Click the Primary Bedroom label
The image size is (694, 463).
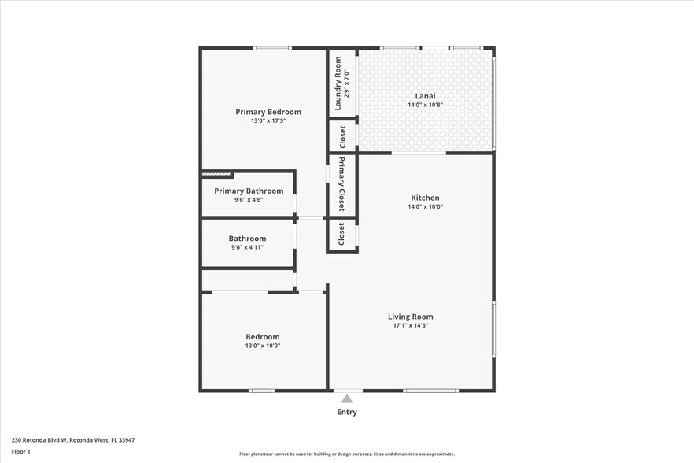point(268,112)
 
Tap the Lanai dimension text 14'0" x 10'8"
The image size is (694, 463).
point(425,105)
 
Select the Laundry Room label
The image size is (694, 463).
point(337,83)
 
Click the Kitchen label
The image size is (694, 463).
point(425,198)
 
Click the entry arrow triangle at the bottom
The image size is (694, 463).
point(347,399)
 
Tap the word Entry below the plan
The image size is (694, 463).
point(347,412)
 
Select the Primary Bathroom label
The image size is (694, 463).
point(249,191)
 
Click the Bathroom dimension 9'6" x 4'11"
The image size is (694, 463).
point(247,247)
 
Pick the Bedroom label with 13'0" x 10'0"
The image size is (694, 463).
point(263,337)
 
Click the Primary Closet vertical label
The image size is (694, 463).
point(342,184)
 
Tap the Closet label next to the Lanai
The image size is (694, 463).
point(342,136)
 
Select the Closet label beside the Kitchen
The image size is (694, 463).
point(341,234)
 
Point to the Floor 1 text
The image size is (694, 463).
point(21,451)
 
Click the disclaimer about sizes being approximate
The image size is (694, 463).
point(347,454)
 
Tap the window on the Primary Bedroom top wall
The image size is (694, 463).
point(272,49)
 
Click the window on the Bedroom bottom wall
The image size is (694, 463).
point(261,391)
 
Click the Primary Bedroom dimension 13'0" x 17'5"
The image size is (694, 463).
point(268,120)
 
